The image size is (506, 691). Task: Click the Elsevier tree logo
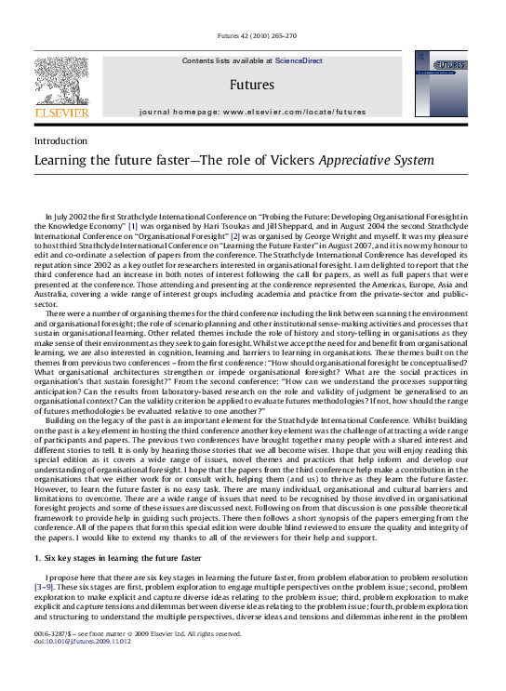click(61, 79)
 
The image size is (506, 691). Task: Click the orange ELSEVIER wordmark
click(61, 113)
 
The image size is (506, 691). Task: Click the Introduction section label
click(60, 140)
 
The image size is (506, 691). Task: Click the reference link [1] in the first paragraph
click(132, 225)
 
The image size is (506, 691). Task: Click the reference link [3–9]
click(45, 588)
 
